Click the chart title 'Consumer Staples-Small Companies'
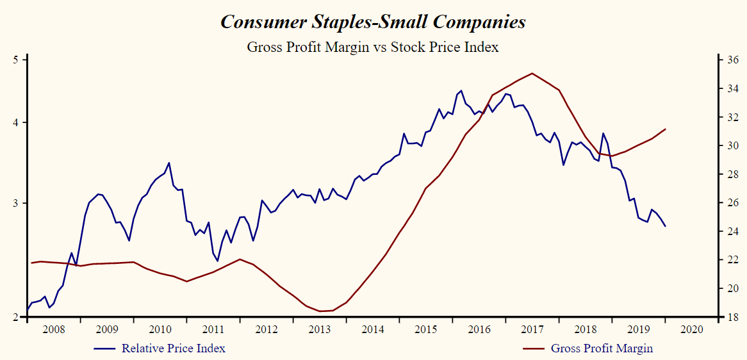tap(373, 22)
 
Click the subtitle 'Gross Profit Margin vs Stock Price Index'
tap(373, 47)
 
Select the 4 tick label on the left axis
tap(17, 122)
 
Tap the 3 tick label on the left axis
tap(17, 203)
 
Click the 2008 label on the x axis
tap(53, 329)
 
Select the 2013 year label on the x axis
tap(319, 329)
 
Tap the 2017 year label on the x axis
tap(532, 329)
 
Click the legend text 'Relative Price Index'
tap(174, 348)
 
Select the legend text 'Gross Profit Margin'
tap(602, 348)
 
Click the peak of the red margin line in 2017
tap(532, 73)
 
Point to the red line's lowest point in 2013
tap(320, 311)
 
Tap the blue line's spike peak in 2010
tap(169, 163)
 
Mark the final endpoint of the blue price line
tap(666, 226)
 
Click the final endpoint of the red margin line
tap(666, 129)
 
